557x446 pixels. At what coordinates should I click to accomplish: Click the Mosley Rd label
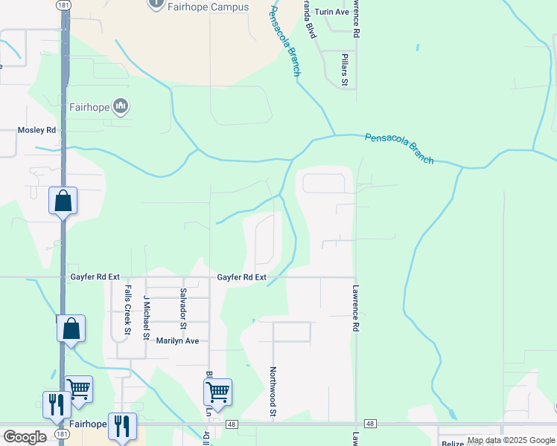coord(36,130)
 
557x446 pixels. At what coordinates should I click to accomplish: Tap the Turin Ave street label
coord(331,13)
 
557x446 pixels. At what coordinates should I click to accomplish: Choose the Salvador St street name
coord(183,308)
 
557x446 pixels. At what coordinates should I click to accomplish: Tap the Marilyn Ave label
coord(177,340)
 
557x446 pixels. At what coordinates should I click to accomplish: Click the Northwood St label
coord(273,391)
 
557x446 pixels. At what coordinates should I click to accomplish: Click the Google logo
coord(25,437)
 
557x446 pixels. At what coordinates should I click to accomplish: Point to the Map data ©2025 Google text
coord(511,441)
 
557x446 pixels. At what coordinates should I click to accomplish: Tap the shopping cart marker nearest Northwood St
coord(217,392)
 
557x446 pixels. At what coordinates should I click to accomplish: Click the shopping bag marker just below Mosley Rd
coord(63,201)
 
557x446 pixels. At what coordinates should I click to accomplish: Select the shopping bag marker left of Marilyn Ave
coord(71,329)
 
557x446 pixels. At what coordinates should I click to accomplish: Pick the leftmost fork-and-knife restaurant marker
coord(57,404)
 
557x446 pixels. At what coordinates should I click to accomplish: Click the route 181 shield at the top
coord(65,4)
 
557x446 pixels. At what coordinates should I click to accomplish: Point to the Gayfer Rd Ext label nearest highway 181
coord(95,277)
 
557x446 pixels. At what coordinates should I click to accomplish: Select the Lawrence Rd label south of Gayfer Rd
coord(356,306)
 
